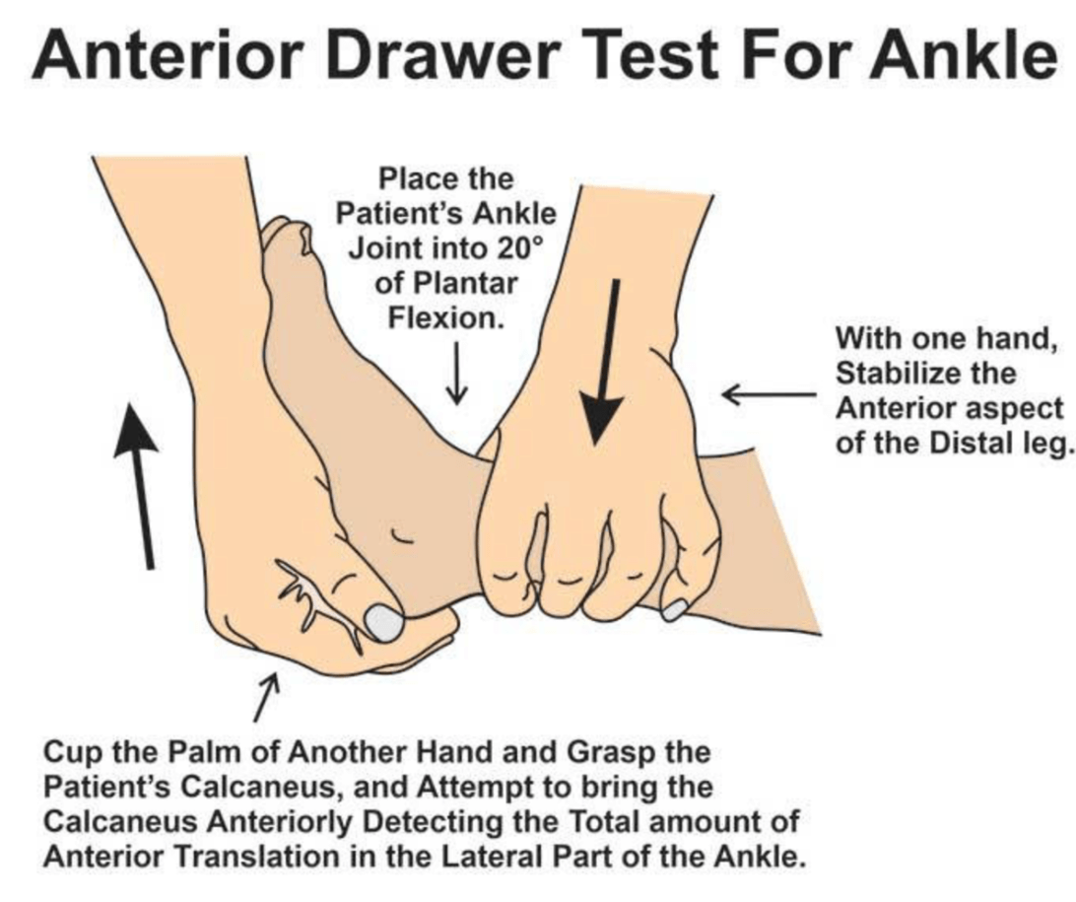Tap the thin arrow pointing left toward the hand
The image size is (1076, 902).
tap(770, 394)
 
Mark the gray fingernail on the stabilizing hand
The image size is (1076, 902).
tap(675, 609)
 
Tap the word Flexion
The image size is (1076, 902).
tap(446, 317)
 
